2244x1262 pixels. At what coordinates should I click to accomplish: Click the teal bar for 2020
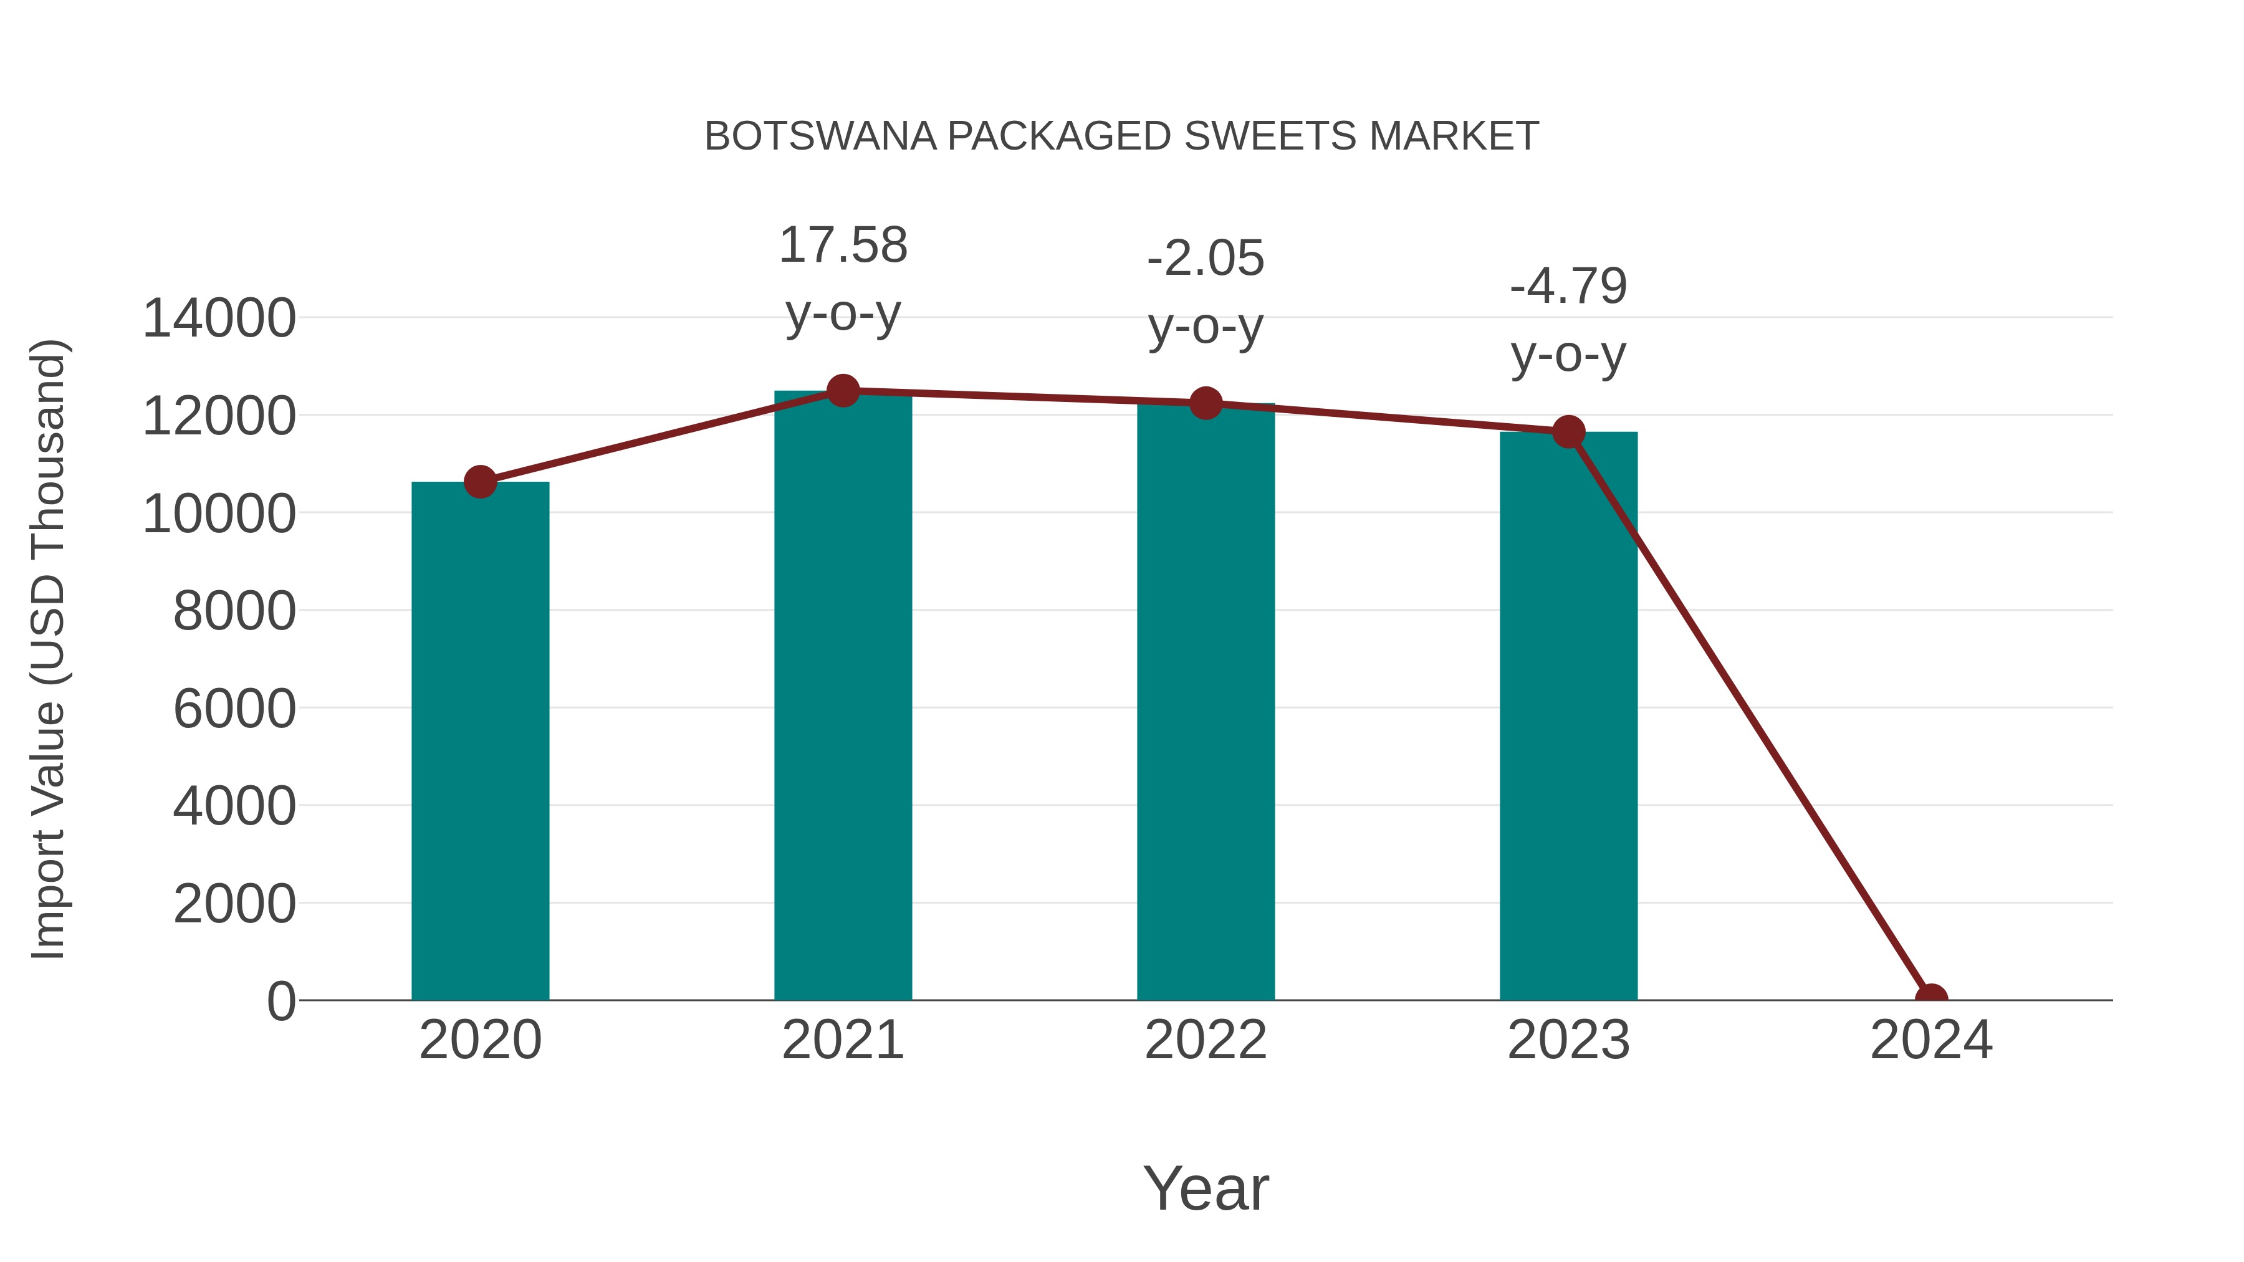coord(480,740)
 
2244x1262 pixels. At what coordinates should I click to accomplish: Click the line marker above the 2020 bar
coord(480,482)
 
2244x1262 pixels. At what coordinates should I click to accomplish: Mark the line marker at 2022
coord(1206,403)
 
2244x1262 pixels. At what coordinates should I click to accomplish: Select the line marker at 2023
coord(1568,432)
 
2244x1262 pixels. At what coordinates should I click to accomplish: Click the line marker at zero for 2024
coord(1931,998)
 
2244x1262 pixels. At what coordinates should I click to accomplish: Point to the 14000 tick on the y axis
coord(219,318)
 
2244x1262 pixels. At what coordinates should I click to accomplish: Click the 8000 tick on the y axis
coord(234,611)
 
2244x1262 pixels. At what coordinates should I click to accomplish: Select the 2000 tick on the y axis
coord(234,904)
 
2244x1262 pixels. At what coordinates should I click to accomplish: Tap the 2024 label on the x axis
coord(1931,1040)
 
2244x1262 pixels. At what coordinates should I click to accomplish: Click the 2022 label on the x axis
coord(1206,1040)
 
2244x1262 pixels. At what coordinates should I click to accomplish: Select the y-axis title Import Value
coord(48,649)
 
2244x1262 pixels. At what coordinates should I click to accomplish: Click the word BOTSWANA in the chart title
coord(820,136)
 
